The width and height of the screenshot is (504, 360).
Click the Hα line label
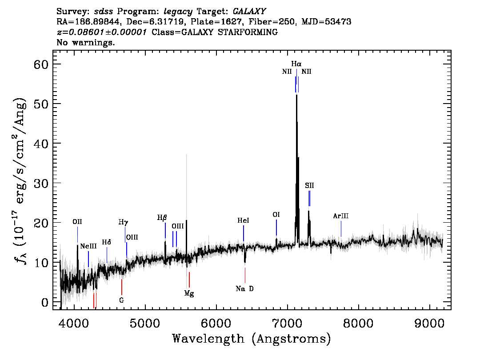click(x=296, y=64)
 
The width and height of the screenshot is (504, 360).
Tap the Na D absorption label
click(x=244, y=288)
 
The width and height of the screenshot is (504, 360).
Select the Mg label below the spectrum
click(x=189, y=293)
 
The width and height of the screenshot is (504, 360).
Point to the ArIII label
click(x=341, y=216)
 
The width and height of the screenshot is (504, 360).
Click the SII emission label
click(x=309, y=185)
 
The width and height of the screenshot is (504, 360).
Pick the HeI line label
click(x=243, y=220)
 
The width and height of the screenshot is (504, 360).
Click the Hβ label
click(x=162, y=218)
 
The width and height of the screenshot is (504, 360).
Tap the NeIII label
click(x=88, y=246)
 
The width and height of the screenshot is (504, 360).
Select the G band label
click(x=121, y=300)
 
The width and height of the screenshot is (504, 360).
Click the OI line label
click(x=276, y=214)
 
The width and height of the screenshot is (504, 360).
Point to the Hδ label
click(x=106, y=242)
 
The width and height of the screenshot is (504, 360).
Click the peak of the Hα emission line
click(x=296, y=95)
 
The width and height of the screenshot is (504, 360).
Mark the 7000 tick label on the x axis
click(x=287, y=323)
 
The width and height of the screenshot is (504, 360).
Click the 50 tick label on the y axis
click(x=41, y=104)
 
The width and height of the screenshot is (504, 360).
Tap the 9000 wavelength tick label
click(x=429, y=323)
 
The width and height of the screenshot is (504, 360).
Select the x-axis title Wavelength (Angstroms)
click(x=252, y=339)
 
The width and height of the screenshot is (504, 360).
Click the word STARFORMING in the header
click(x=248, y=32)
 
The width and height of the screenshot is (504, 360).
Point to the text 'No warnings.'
click(x=85, y=42)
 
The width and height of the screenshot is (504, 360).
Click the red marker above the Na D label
click(x=245, y=275)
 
